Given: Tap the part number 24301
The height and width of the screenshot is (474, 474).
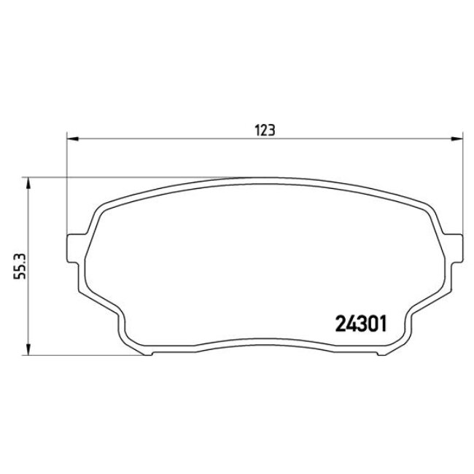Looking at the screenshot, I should [360, 322].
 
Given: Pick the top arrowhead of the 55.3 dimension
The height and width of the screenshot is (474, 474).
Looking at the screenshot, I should [28, 182].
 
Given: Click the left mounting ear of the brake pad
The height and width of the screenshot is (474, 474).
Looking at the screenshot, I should [73, 244].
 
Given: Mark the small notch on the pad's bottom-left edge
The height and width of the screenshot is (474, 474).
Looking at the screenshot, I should [151, 354].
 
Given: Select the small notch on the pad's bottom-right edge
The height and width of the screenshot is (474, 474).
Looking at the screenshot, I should [379, 354].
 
